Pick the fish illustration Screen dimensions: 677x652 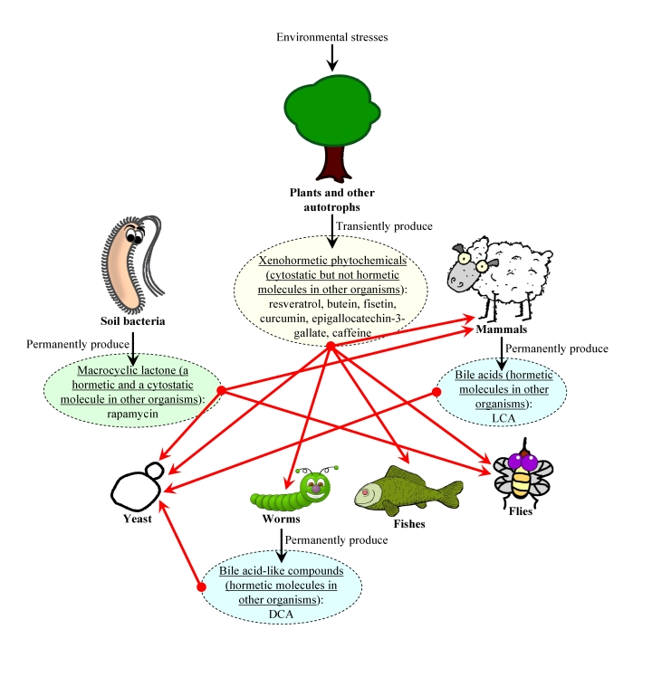pyautogui.click(x=407, y=490)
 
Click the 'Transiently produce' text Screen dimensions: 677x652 pyautogui.click(x=384, y=225)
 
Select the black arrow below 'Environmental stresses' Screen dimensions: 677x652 pyautogui.click(x=331, y=56)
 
